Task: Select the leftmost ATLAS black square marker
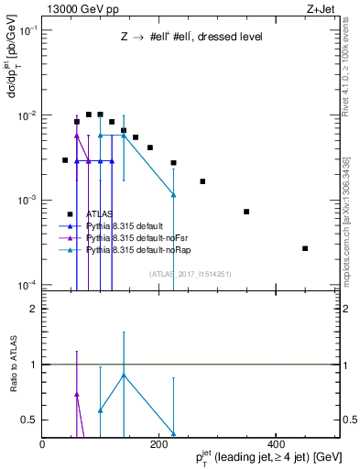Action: pos(65,160)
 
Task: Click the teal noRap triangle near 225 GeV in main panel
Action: pos(173,195)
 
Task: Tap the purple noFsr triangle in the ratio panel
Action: pos(77,395)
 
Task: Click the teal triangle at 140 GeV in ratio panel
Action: pos(124,376)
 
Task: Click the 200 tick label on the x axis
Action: pos(159,444)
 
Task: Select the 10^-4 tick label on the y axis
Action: pos(26,285)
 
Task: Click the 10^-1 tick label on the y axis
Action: pos(26,31)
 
